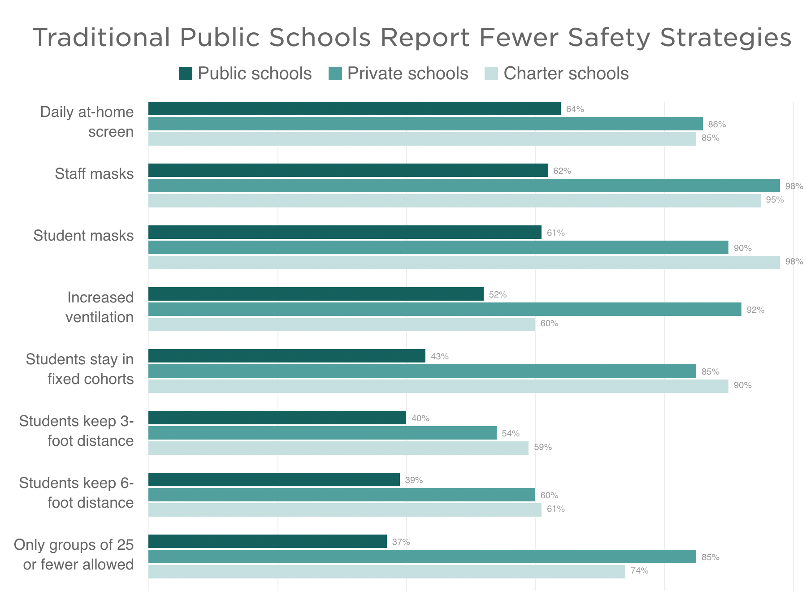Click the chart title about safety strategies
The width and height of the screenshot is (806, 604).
(x=412, y=38)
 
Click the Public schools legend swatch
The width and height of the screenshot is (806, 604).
(x=186, y=73)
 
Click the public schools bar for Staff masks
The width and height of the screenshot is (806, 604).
(x=348, y=170)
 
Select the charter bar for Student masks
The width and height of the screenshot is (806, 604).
(x=464, y=263)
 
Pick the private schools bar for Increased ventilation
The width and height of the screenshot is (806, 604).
(x=445, y=309)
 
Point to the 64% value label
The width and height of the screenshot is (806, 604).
(x=575, y=109)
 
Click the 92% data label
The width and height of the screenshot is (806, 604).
(x=755, y=310)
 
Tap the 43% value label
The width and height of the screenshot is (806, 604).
(x=439, y=357)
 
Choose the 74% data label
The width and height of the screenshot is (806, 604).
(x=639, y=571)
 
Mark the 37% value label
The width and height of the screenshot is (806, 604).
(x=401, y=542)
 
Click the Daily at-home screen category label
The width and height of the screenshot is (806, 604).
(x=87, y=122)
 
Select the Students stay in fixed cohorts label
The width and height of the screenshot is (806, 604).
(x=80, y=369)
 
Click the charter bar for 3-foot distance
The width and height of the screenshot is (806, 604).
(x=338, y=448)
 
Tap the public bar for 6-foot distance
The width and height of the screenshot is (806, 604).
(x=274, y=479)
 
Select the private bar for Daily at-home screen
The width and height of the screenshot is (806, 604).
(x=425, y=124)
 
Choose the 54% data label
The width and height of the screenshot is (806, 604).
(x=511, y=434)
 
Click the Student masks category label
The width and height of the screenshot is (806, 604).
(x=84, y=236)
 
